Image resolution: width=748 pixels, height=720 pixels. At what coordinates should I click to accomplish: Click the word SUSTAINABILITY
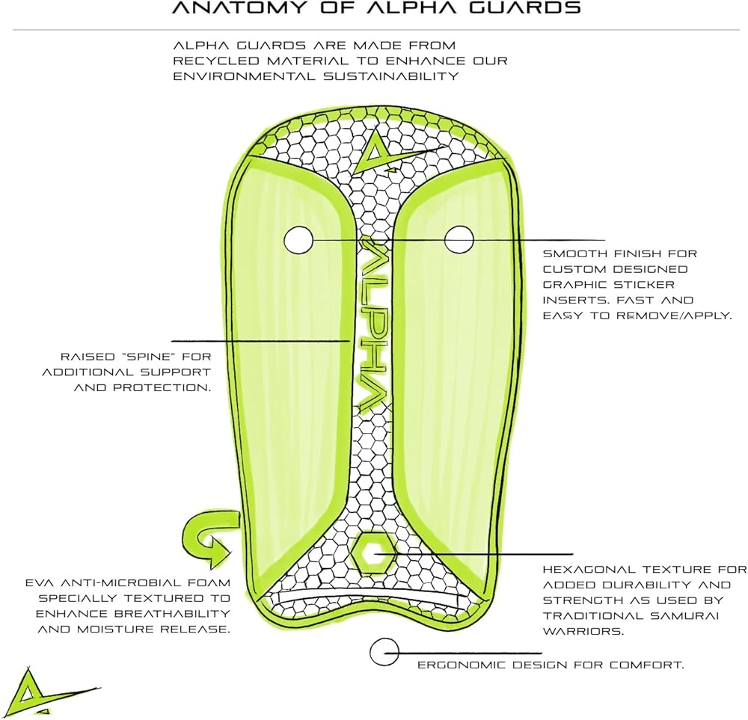[391, 76]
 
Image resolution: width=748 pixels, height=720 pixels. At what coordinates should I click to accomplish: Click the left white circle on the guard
[298, 240]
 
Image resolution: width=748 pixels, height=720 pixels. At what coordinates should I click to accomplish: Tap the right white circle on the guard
[459, 239]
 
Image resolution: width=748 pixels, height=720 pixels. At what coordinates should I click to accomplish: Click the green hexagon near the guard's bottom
[375, 553]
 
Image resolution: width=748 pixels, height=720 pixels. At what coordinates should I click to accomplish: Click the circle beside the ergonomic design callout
[384, 652]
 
